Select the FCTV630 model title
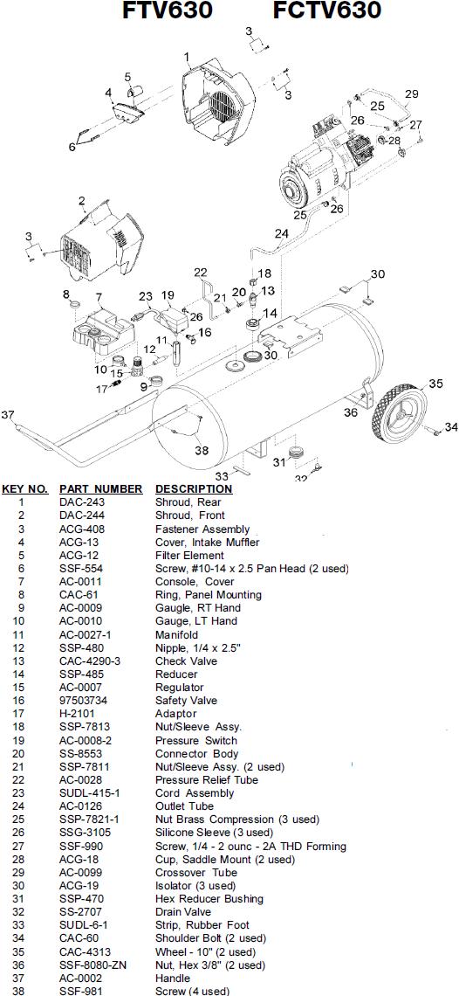327,10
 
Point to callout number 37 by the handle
8,415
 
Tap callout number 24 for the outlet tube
281,234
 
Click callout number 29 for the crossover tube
411,94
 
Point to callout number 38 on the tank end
202,450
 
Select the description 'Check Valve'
186,661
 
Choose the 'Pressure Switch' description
196,741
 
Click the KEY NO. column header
24,489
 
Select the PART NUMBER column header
101,489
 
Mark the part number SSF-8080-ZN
93,965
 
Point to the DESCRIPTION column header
194,489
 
